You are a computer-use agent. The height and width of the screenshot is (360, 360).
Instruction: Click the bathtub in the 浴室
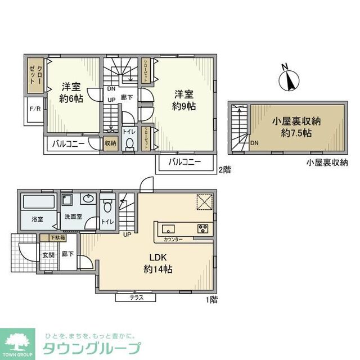(x=38, y=202)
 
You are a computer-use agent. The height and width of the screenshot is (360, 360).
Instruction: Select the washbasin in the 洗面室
(x=88, y=199)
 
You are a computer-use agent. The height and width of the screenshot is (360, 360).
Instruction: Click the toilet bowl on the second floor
(x=129, y=144)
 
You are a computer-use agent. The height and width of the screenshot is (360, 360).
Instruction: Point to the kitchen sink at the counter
(x=169, y=228)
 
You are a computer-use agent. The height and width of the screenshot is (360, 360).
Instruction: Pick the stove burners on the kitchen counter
(x=202, y=228)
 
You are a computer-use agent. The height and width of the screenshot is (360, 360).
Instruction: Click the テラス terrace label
(x=136, y=297)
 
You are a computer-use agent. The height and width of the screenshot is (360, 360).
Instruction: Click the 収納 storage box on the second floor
(x=110, y=143)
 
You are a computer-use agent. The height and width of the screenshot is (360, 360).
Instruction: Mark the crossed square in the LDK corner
(x=203, y=201)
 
